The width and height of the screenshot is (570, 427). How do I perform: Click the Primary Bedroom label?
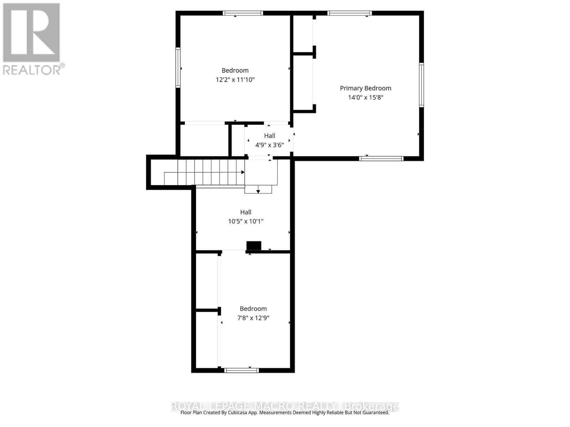click(x=366, y=88)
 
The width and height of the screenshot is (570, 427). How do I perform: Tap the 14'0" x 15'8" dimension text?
click(x=366, y=97)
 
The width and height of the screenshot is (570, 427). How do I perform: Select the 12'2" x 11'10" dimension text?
click(x=235, y=80)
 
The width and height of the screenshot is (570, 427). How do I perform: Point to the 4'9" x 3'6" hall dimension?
click(x=270, y=145)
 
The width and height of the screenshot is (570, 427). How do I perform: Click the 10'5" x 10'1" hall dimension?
click(x=246, y=221)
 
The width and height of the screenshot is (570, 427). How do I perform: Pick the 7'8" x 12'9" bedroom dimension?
click(x=253, y=318)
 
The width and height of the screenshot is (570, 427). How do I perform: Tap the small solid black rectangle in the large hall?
click(x=254, y=246)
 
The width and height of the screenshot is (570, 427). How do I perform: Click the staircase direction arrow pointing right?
click(x=243, y=172)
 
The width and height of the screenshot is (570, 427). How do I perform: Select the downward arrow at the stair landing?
click(x=258, y=192)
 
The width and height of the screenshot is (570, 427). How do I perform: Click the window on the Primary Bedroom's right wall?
click(x=421, y=85)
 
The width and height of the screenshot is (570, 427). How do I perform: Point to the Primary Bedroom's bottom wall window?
click(x=381, y=159)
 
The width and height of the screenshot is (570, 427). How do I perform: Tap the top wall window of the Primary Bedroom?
click(x=349, y=14)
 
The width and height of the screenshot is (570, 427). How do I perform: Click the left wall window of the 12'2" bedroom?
click(x=178, y=68)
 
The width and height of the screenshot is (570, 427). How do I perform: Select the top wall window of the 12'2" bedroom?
click(x=243, y=14)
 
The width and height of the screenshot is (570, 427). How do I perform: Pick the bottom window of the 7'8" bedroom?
click(x=242, y=370)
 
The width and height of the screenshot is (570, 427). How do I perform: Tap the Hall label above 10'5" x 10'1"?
click(x=246, y=212)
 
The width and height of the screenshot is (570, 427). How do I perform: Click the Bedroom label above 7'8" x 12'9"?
click(x=253, y=309)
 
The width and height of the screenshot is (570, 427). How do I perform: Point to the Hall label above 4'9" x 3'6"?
click(x=270, y=136)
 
